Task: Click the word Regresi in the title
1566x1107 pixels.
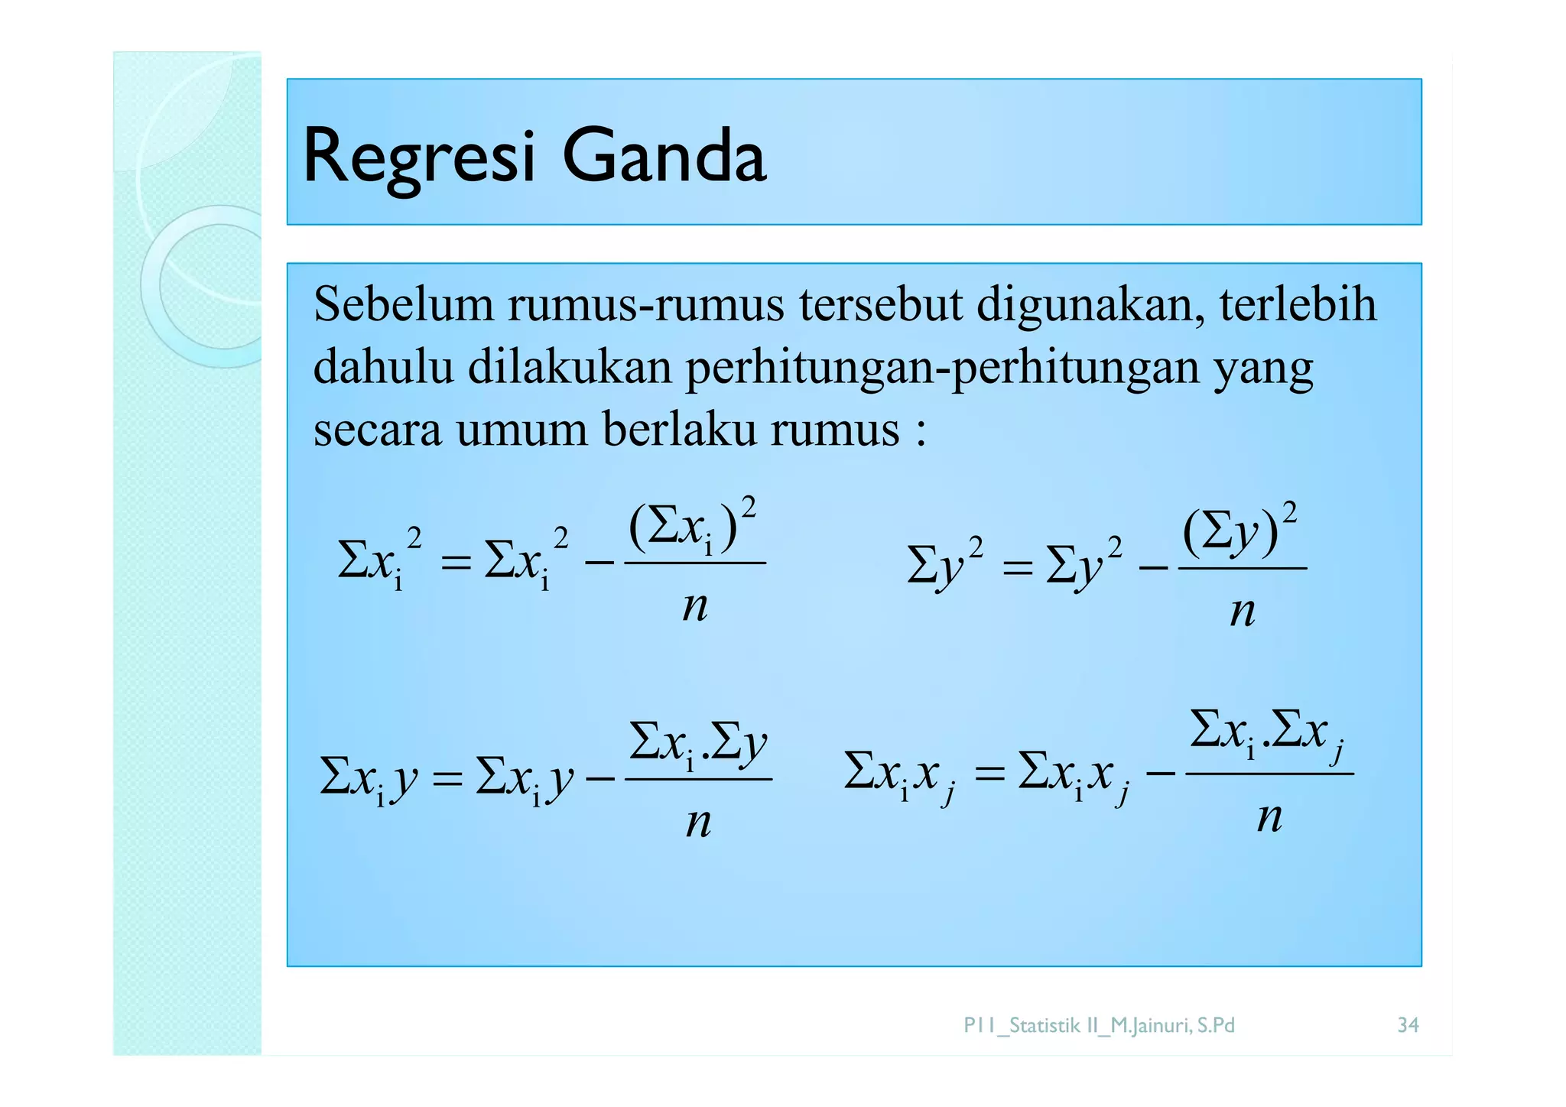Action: (419, 157)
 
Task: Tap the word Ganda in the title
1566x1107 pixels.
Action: (664, 156)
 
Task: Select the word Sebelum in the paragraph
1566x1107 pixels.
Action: (404, 304)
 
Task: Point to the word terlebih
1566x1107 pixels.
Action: (1298, 304)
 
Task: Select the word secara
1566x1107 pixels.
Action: (377, 430)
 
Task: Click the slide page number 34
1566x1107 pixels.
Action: (1408, 1025)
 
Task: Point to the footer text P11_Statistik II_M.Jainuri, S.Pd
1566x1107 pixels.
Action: (1099, 1025)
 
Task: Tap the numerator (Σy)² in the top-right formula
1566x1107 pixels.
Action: (1239, 530)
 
